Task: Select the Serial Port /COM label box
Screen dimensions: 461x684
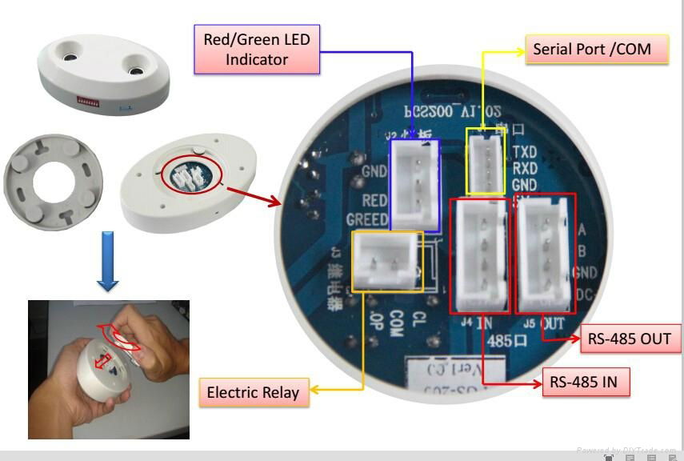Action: [x=592, y=50]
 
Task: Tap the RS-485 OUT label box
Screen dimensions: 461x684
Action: [x=629, y=338]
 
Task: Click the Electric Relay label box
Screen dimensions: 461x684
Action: [x=253, y=392]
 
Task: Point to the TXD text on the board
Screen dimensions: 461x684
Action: [x=525, y=152]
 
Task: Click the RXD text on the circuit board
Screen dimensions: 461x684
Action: [x=525, y=168]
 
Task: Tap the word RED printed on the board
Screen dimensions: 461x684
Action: [x=374, y=201]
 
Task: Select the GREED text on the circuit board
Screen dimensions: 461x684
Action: [x=367, y=218]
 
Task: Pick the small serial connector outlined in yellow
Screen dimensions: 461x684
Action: [x=486, y=160]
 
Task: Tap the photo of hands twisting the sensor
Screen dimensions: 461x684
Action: [x=108, y=369]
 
